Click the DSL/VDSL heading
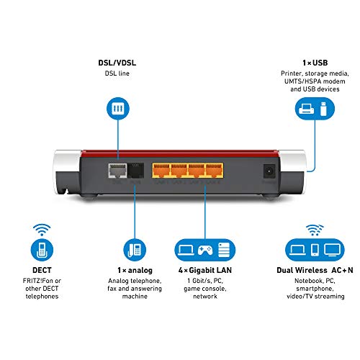[117, 63]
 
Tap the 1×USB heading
[315, 63]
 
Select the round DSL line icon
[118, 109]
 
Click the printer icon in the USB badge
[306, 109]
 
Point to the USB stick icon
[323, 109]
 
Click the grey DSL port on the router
[117, 171]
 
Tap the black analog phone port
[135, 171]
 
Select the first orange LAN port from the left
[161, 170]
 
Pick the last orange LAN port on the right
[214, 170]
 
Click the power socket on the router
[270, 171]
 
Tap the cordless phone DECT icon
[42, 250]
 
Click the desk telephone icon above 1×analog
[135, 250]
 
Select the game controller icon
[205, 250]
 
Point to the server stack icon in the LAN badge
[224, 250]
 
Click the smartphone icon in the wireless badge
[315, 250]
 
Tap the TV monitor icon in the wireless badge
[332, 250]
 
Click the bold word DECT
[42, 270]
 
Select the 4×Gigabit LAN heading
[205, 270]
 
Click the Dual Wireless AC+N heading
[315, 270]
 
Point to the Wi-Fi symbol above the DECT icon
[42, 230]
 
